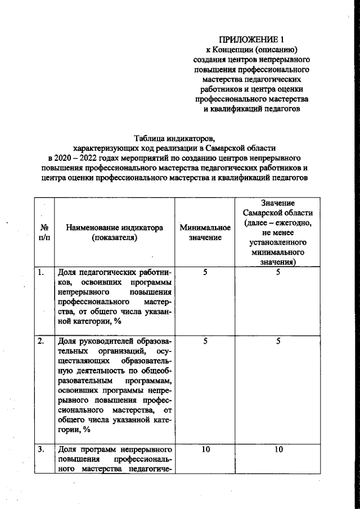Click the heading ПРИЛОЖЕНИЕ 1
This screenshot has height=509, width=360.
[x=251, y=39]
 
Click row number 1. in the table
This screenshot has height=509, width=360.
[x=42, y=273]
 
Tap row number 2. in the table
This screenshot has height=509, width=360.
[x=42, y=340]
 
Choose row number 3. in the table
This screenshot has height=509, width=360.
[x=42, y=449]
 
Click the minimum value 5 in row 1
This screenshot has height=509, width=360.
[x=205, y=273]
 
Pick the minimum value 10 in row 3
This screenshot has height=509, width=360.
[x=205, y=449]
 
